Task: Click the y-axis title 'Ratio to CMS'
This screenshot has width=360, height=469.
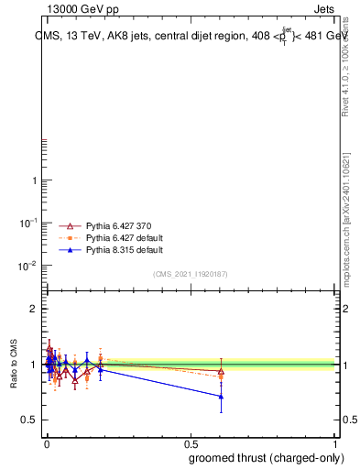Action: tap(14, 364)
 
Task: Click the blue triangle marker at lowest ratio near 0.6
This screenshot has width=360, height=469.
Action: tap(221, 397)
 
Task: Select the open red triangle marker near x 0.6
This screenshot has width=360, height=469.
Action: tap(221, 371)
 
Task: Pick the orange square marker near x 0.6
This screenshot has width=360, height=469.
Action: tap(221, 376)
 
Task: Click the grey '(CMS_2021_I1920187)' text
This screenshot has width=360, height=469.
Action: tap(191, 274)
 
